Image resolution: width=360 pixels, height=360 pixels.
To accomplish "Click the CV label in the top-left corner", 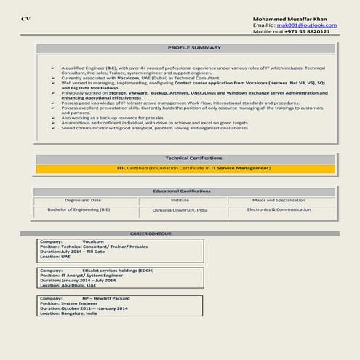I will [x=25, y=18].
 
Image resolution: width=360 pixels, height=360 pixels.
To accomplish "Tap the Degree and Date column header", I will [x=83, y=200].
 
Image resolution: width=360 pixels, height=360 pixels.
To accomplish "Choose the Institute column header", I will [x=180, y=200].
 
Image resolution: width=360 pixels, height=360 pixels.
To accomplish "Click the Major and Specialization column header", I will [x=279, y=200].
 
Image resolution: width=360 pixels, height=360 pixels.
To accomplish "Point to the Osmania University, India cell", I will [x=180, y=209].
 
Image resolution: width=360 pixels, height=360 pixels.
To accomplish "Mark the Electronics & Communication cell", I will [x=279, y=209].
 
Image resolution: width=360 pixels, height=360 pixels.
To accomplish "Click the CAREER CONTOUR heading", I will [x=150, y=233].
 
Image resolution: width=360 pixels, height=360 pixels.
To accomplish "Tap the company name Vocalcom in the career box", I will [x=94, y=241].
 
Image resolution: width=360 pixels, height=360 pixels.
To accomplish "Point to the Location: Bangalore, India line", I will [x=68, y=313].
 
